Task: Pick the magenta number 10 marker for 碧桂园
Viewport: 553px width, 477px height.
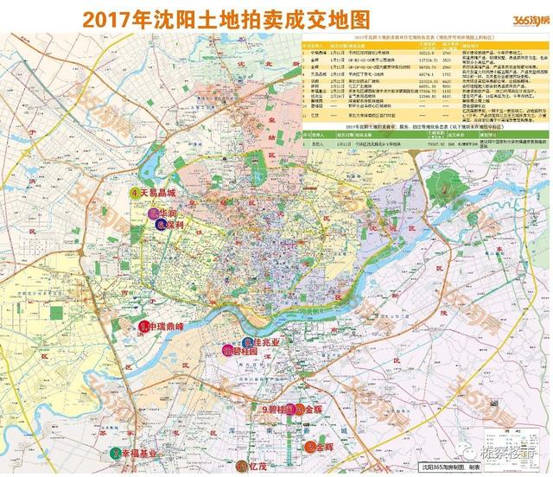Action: click(227, 352)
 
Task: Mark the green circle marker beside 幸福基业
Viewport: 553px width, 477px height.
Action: click(116, 454)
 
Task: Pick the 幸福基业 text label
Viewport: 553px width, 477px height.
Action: click(141, 454)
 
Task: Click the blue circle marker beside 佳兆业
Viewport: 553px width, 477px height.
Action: click(251, 340)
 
